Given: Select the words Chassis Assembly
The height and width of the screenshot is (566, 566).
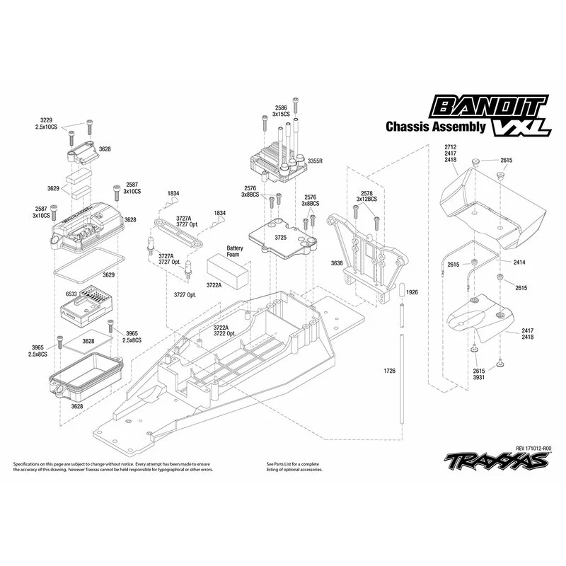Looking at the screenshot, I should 435,127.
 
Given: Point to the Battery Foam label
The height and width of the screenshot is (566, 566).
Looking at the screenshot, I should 235,253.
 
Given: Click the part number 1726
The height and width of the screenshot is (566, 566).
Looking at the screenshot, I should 389,370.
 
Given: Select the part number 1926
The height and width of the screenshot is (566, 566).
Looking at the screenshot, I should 413,292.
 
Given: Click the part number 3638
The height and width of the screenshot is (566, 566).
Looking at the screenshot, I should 336,262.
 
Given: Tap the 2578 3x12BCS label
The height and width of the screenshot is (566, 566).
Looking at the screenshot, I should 366,197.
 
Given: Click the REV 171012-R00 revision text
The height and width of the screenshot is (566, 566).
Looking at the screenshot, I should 534,448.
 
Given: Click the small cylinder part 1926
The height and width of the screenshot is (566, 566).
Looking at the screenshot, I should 400,291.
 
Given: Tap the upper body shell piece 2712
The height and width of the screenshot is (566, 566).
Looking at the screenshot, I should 488,202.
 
